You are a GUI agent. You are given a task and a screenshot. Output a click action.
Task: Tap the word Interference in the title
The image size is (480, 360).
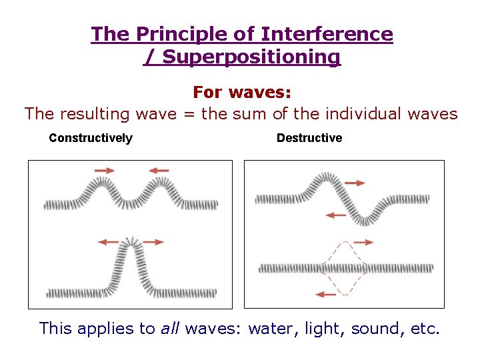click(327, 33)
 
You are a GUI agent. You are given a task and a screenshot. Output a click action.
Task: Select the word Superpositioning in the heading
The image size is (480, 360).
click(251, 57)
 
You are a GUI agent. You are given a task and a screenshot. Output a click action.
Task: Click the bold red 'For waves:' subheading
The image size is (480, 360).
click(242, 92)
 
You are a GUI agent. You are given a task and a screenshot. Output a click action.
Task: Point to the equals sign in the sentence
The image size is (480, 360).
click(189, 114)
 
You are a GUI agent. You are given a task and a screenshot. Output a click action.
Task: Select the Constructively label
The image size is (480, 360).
click(91, 138)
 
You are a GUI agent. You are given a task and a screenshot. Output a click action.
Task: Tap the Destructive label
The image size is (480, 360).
click(309, 138)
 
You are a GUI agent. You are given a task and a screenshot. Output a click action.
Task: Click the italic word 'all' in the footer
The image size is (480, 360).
click(169, 328)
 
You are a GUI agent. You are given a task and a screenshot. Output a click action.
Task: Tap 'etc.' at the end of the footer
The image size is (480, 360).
click(425, 329)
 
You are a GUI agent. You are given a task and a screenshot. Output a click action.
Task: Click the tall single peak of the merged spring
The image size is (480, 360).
click(132, 242)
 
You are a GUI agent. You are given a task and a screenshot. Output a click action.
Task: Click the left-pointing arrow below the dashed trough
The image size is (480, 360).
click(325, 295)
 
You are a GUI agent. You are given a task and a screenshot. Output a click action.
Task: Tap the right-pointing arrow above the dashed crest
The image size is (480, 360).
click(364, 243)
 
